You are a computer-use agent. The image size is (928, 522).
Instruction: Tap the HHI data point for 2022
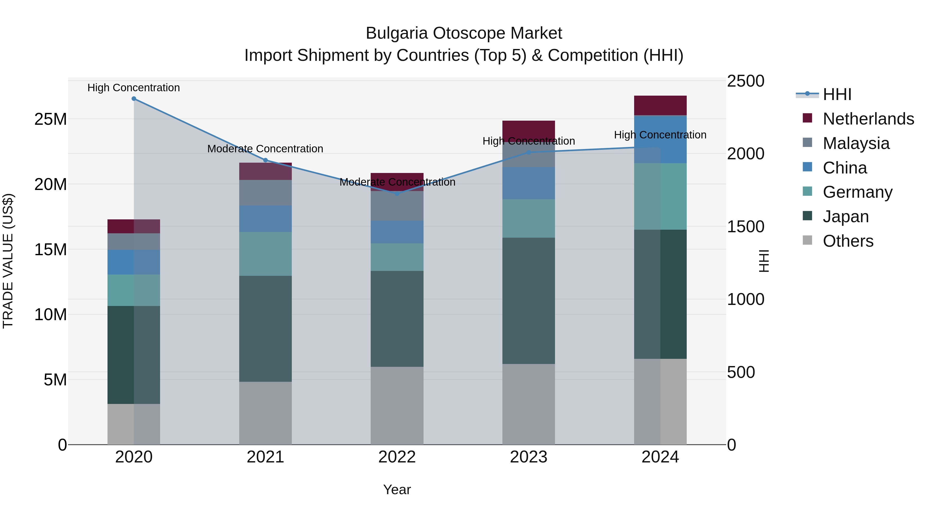(x=397, y=193)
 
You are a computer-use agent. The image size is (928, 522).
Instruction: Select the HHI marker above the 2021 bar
(x=266, y=160)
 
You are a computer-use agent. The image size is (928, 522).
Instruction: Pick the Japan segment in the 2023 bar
(x=528, y=301)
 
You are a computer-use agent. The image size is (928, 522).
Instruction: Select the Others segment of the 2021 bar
(x=266, y=413)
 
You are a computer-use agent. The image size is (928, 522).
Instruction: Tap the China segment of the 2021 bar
(x=266, y=219)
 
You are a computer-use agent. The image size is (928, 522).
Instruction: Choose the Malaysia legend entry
(x=856, y=143)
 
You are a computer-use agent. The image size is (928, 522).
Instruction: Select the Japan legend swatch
(x=807, y=216)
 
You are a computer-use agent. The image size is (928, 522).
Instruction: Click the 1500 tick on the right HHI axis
(x=745, y=227)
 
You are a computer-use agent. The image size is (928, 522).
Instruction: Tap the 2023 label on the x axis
(x=528, y=457)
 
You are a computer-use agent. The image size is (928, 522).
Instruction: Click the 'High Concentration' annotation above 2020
(x=134, y=88)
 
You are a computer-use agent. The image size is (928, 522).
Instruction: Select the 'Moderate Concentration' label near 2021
(x=265, y=148)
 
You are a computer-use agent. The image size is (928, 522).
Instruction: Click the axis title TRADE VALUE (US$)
(x=8, y=261)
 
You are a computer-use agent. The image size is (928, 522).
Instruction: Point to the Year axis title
(x=397, y=490)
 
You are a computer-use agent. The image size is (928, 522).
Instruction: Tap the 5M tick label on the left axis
(x=55, y=380)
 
